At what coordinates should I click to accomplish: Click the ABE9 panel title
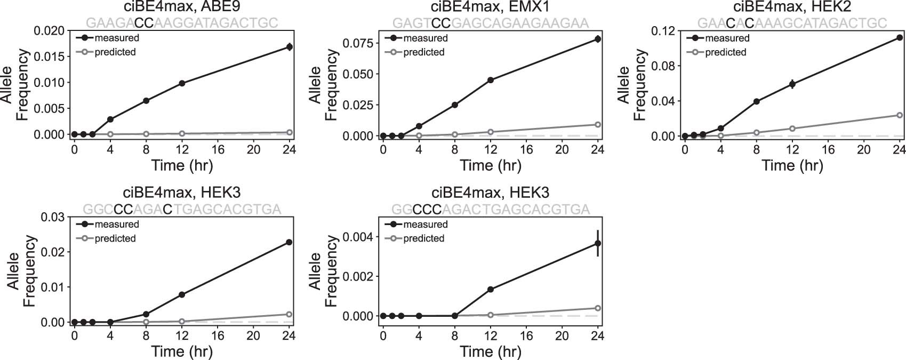tap(182, 7)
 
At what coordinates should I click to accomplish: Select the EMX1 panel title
tap(491, 7)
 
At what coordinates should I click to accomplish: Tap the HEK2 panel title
tap(792, 7)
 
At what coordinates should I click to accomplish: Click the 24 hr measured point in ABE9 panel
tap(289, 47)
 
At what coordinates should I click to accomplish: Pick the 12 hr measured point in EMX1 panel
tap(491, 80)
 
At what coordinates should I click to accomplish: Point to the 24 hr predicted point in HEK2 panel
tap(900, 115)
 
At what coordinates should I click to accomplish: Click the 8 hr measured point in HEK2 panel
tap(756, 101)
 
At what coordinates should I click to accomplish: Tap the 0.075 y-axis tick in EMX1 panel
tap(358, 43)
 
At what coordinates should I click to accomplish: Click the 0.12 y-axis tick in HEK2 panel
tap(663, 31)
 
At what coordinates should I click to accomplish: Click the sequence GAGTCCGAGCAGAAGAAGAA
tap(491, 23)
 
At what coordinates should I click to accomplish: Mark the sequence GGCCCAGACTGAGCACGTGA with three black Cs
tap(491, 209)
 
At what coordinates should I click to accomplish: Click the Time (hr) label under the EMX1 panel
tap(491, 165)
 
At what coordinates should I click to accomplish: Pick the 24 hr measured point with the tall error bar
tap(598, 243)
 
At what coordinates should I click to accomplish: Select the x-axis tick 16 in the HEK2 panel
tap(828, 149)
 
